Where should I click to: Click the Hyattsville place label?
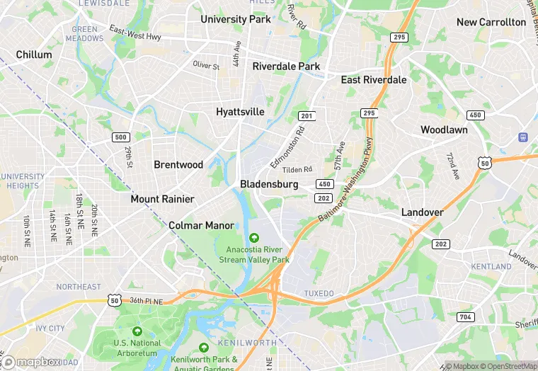(240, 112)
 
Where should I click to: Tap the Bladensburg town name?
(269, 184)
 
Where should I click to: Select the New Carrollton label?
(491, 22)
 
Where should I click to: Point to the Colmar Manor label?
(201, 226)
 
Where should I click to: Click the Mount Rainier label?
(162, 199)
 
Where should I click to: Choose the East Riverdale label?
(374, 80)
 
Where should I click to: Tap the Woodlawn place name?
(444, 130)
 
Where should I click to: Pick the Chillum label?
(34, 55)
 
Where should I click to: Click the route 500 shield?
(121, 137)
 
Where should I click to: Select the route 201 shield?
(306, 116)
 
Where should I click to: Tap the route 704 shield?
(466, 316)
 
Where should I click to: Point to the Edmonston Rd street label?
(287, 147)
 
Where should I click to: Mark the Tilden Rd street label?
(297, 170)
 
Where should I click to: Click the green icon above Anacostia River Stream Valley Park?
(254, 237)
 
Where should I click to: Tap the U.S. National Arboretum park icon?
(137, 331)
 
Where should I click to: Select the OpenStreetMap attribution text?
(508, 366)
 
